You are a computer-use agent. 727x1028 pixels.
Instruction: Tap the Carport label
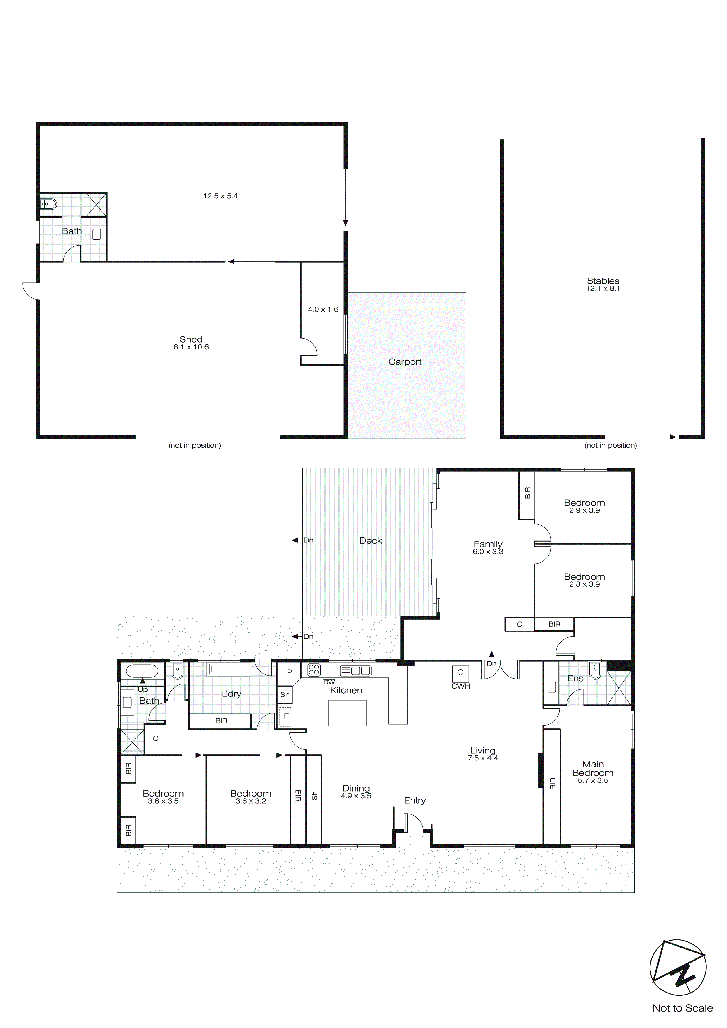coord(405,362)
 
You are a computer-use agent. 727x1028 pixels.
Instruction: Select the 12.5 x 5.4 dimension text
coord(220,196)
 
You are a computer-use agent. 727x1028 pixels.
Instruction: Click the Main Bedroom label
coord(593,768)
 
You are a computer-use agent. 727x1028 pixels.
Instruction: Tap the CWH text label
coord(461,686)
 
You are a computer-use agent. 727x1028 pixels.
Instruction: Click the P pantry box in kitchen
coord(289,672)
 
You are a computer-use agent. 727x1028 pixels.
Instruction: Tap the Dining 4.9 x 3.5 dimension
coord(356,796)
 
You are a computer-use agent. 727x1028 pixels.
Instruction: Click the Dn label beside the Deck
coord(308,540)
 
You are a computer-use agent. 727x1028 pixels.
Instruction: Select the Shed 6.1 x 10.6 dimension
coord(191,347)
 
